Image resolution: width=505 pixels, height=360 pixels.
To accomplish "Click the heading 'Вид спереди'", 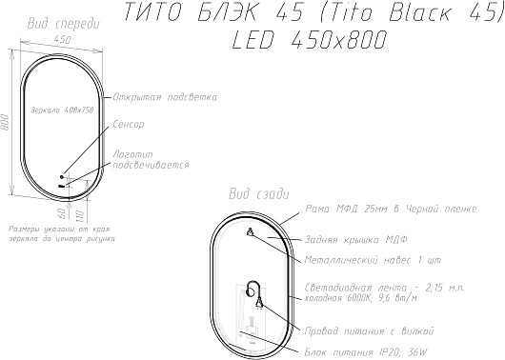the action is click(x=64, y=24).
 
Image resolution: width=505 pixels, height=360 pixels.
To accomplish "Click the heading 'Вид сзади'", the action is click(x=259, y=194).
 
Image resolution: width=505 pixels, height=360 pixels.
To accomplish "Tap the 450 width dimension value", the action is click(x=62, y=40).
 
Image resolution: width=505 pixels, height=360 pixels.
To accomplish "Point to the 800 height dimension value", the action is click(x=5, y=122).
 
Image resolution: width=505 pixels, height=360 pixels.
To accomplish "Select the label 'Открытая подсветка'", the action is click(x=165, y=97).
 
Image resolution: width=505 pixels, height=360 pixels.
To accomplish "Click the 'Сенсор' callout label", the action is click(x=129, y=125).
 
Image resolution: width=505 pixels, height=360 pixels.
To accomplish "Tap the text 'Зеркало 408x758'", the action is click(x=62, y=110).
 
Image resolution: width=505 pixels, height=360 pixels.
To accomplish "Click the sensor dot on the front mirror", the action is click(x=62, y=177).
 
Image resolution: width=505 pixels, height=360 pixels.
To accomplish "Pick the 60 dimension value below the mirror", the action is click(x=64, y=212).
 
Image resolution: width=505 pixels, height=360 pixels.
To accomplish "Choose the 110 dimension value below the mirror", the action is click(x=80, y=216).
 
